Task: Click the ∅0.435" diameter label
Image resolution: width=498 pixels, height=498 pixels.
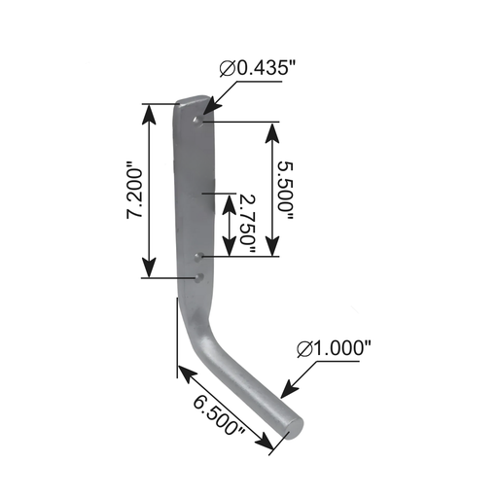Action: pos(259,70)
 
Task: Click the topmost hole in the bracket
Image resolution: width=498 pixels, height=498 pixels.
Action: pos(198,121)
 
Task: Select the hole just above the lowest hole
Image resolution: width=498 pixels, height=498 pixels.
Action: pos(197,258)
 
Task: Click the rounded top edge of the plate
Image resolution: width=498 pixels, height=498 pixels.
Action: pos(193,99)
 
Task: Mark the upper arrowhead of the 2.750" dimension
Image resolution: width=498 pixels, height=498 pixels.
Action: pos(229,200)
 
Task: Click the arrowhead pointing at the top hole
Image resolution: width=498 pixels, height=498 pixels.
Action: pos(208,116)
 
